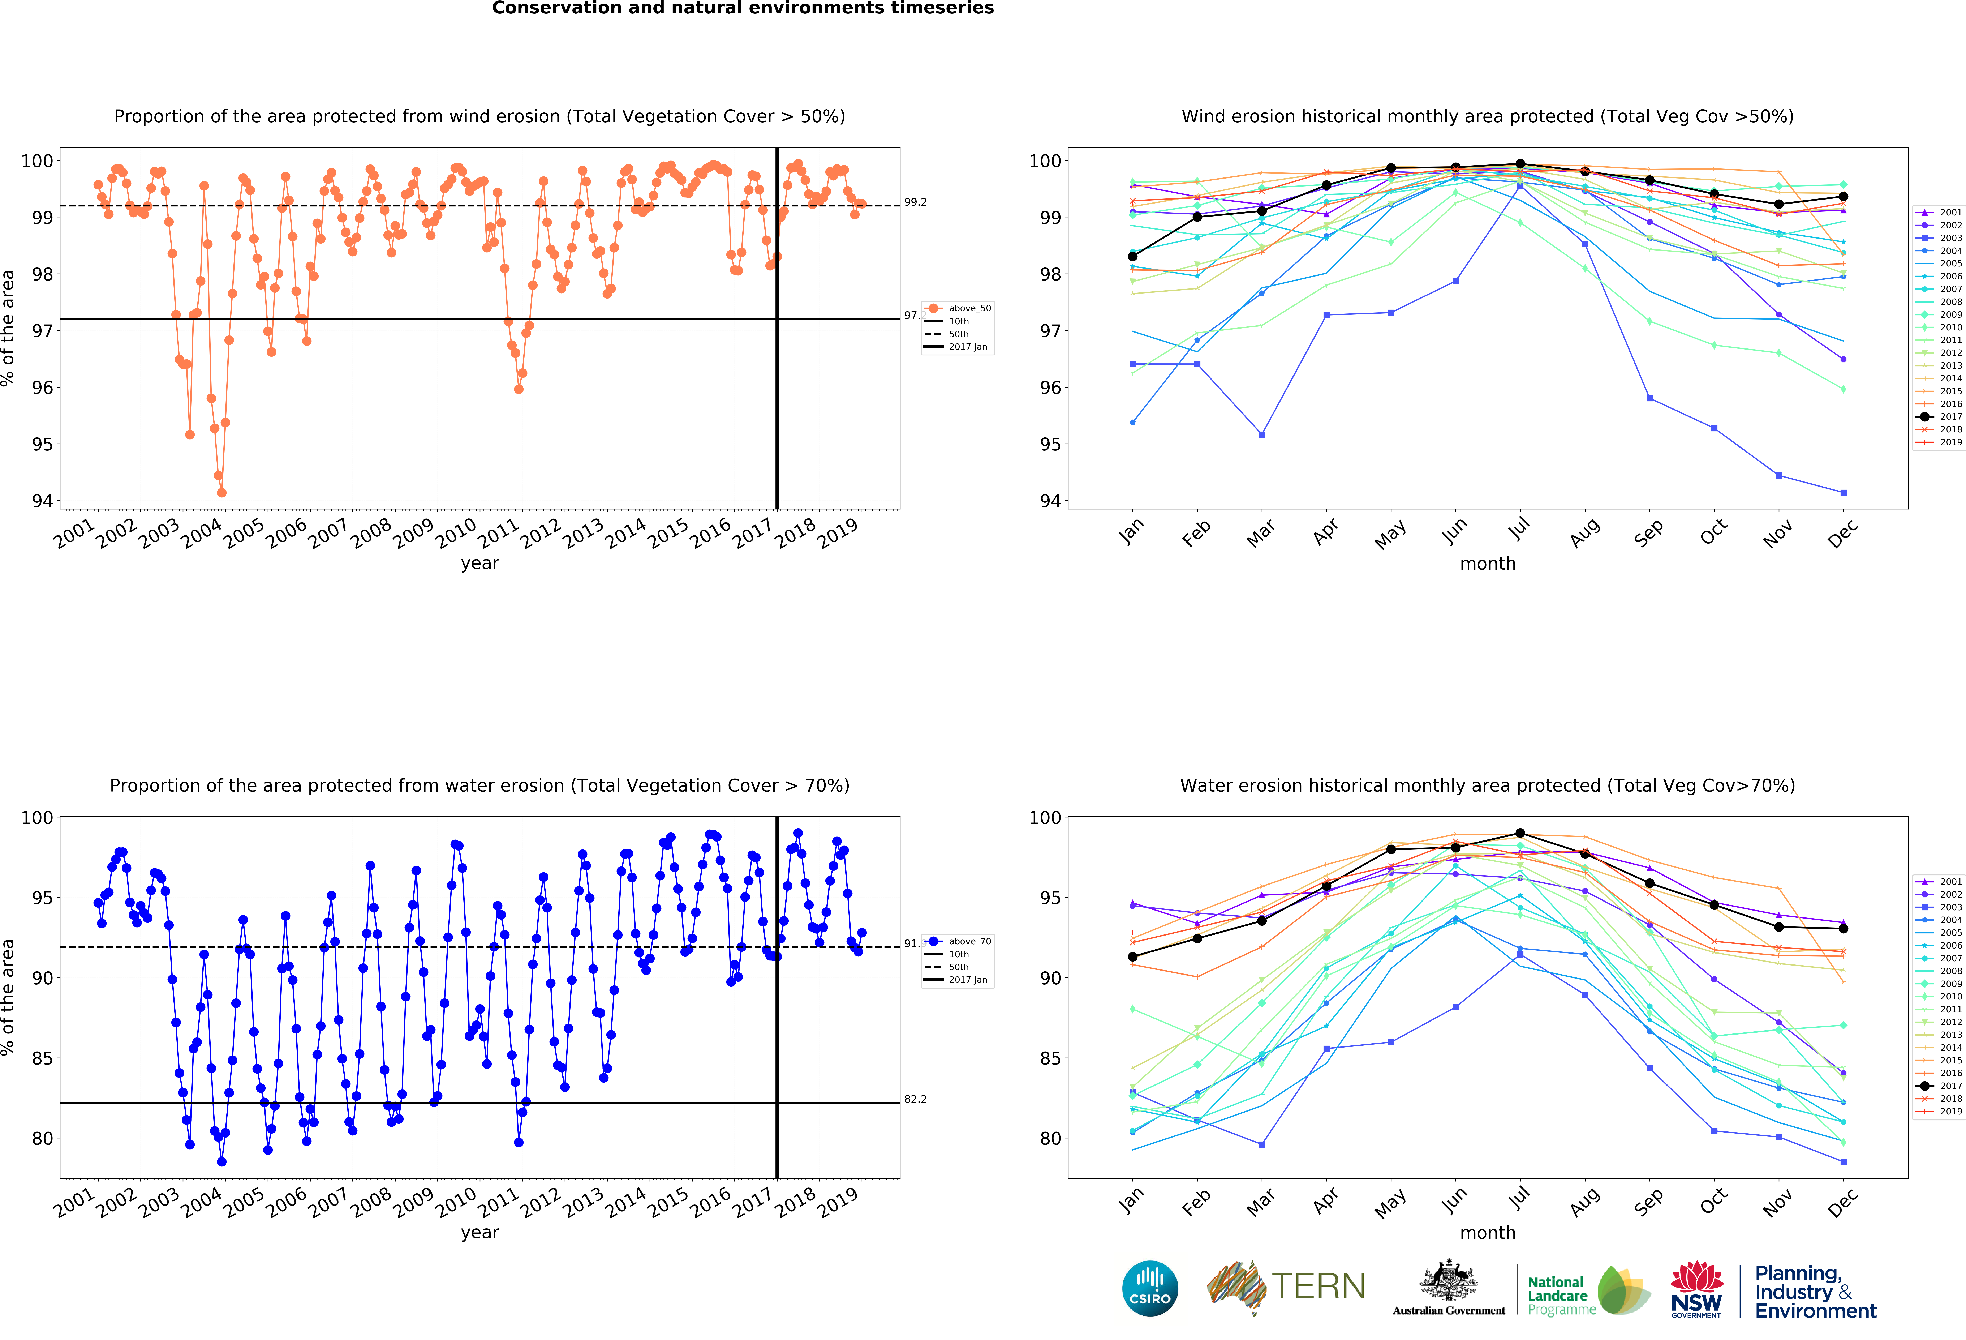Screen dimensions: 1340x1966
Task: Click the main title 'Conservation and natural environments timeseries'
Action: point(743,8)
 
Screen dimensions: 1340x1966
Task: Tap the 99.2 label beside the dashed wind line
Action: point(915,202)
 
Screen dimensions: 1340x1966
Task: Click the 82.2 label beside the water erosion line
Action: point(915,1099)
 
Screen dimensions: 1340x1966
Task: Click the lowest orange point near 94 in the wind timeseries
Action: point(222,492)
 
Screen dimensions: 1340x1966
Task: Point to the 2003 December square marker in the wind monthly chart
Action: point(1843,492)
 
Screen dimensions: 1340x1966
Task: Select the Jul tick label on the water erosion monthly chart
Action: point(1520,1197)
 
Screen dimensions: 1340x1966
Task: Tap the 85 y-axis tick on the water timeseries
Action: point(42,1058)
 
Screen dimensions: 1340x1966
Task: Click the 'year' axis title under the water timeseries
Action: point(480,1233)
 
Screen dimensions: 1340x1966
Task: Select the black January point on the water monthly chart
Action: point(1133,957)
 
